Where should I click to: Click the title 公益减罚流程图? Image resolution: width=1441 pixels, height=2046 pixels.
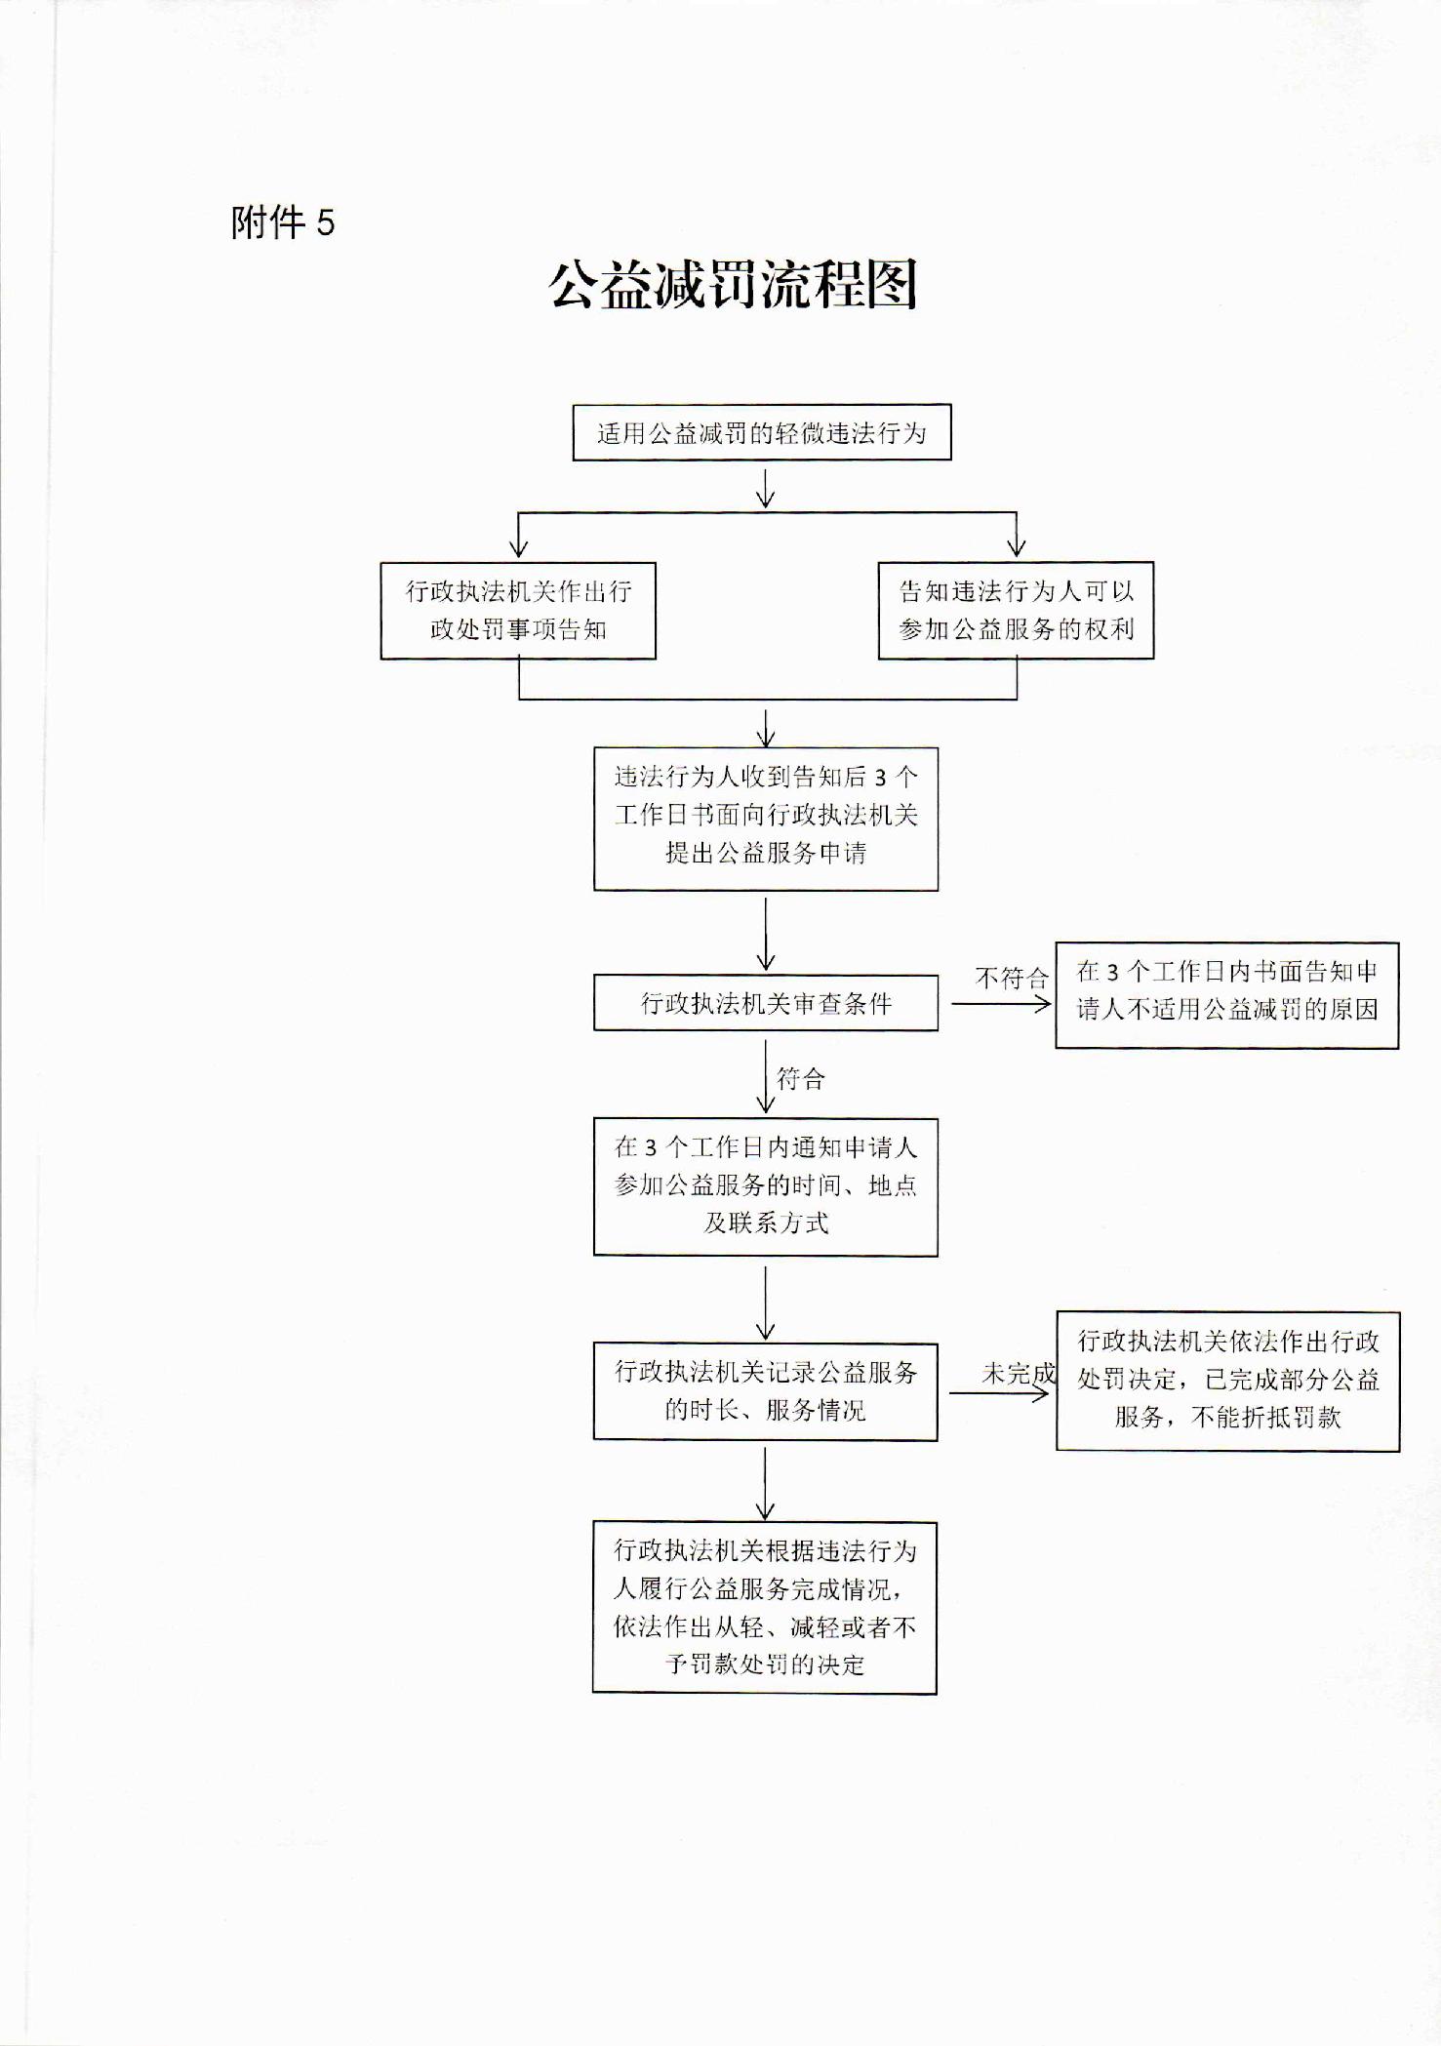click(733, 285)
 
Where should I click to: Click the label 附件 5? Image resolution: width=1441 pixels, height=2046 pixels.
click(283, 222)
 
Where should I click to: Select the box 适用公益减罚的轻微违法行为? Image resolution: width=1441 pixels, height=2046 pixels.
click(762, 432)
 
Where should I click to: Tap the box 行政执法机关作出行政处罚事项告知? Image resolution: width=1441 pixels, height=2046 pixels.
click(518, 611)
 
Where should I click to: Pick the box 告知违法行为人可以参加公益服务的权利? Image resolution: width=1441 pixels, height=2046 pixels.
click(1016, 611)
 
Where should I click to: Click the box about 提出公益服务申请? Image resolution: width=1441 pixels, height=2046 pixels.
click(766, 819)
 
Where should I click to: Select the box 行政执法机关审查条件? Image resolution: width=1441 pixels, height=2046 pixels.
click(766, 1003)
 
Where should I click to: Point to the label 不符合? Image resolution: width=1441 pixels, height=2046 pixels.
click(1012, 978)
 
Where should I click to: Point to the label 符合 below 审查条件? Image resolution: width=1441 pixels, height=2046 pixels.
click(801, 1078)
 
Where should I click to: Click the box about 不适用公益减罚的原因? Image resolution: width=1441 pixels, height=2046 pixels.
click(1227, 995)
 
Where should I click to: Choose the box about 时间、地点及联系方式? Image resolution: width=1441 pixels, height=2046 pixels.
click(766, 1186)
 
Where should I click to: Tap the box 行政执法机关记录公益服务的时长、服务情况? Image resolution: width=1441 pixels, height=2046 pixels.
click(766, 1391)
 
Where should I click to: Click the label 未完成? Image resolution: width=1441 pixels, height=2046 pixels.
click(1019, 1374)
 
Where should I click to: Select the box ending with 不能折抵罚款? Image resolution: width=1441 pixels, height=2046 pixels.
click(1228, 1381)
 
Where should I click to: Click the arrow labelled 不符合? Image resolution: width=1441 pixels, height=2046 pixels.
click(1001, 1003)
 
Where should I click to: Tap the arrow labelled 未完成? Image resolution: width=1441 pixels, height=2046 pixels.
click(1000, 1393)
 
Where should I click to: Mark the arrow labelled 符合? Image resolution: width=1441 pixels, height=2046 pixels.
click(766, 1076)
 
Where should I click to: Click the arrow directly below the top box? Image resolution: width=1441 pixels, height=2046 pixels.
click(766, 489)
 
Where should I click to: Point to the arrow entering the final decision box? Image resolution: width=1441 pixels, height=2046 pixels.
click(766, 1483)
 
